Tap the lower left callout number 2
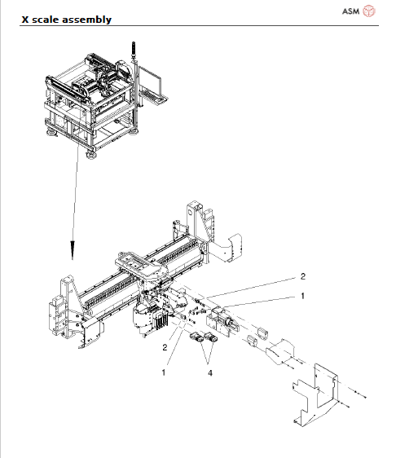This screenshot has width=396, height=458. pyautogui.click(x=165, y=347)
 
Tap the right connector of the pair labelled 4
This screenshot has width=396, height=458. pyautogui.click(x=210, y=338)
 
